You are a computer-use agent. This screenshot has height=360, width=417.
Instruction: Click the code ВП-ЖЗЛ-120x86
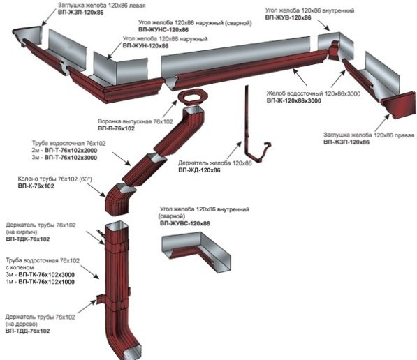tap(80, 13)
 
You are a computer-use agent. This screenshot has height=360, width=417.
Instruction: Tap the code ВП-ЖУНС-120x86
tap(163, 30)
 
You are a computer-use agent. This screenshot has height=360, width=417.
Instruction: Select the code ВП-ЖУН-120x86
tap(145, 45)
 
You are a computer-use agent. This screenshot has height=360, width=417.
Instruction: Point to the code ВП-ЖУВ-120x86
tap(288, 17)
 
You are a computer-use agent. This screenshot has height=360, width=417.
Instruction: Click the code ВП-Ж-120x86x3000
tap(293, 100)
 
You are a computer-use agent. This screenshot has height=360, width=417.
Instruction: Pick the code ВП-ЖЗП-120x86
tap(346, 142)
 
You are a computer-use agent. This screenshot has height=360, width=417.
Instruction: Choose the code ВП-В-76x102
tap(116, 128)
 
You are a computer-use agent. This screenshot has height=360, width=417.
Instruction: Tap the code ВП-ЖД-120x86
tap(199, 170)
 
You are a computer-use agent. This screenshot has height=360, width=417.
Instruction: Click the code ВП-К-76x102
tap(36, 186)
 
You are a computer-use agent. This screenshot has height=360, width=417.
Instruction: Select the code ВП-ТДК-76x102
tap(28, 239)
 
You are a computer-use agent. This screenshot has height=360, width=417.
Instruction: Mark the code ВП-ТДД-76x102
tap(27, 331)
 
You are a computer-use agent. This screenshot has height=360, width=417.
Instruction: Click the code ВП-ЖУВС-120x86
tap(185, 223)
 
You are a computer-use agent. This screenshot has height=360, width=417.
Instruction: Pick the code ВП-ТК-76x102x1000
tap(47, 282)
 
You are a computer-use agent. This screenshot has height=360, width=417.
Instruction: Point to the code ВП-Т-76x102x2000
tap(71, 151)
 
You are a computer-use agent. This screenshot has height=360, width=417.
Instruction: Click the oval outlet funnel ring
tap(192, 97)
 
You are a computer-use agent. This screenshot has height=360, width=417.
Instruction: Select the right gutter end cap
tap(398, 105)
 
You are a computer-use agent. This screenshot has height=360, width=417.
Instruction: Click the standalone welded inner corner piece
tap(196, 251)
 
